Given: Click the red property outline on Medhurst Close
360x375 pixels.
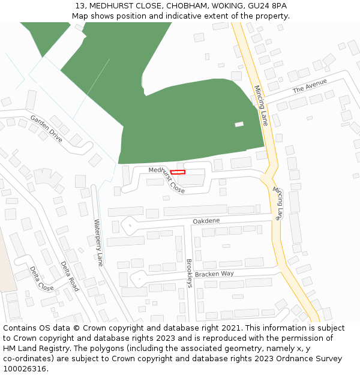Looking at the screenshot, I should coord(178,172).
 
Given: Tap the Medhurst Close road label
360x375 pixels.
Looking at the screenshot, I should coord(167,179).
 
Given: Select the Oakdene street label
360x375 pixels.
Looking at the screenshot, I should coord(206,221).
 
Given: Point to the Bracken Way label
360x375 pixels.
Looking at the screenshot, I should coord(214,274).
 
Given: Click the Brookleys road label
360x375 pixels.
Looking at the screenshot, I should coord(188,273).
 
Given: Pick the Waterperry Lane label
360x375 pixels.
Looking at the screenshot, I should coord(99,242).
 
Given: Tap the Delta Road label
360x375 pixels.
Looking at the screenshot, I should coord(70,276).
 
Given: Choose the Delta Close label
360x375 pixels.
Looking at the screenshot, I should coord(41,278).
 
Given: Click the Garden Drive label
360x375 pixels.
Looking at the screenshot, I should coord(46,128).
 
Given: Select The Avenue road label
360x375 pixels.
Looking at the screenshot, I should coord(310,86).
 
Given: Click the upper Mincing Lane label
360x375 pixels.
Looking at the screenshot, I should coord(260,105).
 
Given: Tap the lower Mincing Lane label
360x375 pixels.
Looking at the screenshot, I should coord(277,203).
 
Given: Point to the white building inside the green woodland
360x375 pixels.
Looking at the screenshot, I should coord(239,124).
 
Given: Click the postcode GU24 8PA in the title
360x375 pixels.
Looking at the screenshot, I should coord(266,6).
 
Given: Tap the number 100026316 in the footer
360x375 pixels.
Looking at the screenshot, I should coord(25,368).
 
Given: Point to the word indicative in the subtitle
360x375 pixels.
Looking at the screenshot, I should coord(186,16).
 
